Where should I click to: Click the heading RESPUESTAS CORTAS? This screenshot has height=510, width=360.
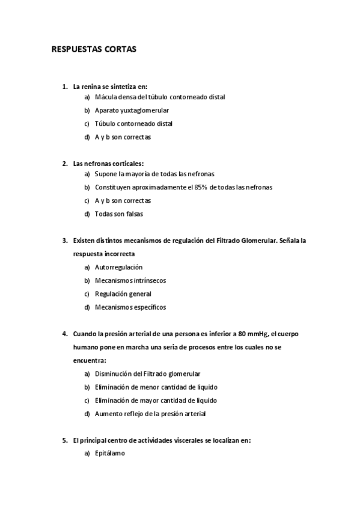point(94,50)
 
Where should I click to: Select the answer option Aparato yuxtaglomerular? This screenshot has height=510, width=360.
point(132,110)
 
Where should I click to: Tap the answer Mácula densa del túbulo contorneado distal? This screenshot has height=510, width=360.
point(151,97)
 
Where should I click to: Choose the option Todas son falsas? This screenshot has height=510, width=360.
point(119,214)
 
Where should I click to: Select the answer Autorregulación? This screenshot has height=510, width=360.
point(119,267)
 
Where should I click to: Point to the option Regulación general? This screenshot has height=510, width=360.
point(123,293)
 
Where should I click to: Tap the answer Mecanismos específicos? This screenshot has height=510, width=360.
point(130,307)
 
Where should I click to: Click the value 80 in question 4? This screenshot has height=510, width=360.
point(242,334)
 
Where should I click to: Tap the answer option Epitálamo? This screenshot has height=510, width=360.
point(110,453)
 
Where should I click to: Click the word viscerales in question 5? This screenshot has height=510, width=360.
point(185,440)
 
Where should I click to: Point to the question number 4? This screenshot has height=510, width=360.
point(64,334)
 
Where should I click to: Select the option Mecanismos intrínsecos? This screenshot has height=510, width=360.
point(130,280)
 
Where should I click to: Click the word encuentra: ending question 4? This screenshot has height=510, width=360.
point(90,360)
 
